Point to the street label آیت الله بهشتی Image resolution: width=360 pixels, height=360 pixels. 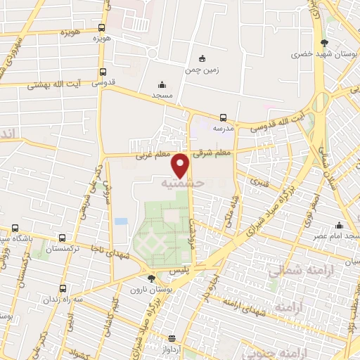(54, 85)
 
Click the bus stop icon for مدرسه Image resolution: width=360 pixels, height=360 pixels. (223, 117)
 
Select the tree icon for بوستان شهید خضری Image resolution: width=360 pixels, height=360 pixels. (323, 43)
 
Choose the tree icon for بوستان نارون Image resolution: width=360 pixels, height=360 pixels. (151, 278)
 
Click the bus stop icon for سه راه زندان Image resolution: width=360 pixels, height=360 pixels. (63, 288)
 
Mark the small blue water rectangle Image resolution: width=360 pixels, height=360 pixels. (121, 221)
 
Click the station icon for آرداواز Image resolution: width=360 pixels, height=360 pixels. (173, 337)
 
